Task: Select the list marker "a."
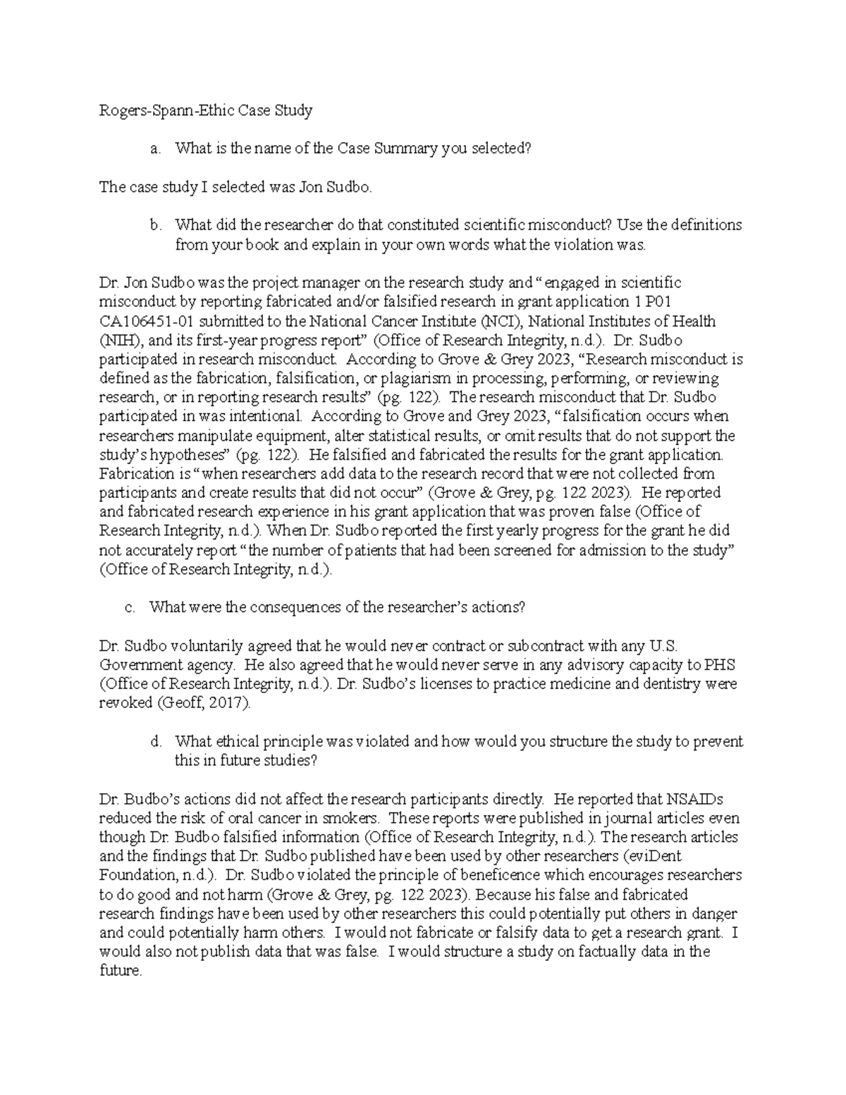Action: click(154, 149)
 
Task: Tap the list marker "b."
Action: click(154, 226)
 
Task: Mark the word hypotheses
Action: click(183, 455)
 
